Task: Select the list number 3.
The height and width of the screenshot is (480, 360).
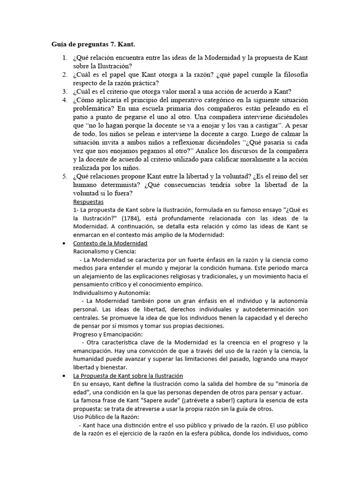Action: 64,91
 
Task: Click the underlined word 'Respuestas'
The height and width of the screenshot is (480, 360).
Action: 89,201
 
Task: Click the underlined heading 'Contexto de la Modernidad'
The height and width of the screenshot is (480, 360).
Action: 110,243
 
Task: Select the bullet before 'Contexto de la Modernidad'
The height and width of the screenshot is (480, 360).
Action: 63,244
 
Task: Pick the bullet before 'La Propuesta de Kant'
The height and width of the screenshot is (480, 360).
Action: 63,376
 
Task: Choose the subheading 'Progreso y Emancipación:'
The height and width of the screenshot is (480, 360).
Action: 107,334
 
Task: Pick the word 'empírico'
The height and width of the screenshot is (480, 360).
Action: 190,285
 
